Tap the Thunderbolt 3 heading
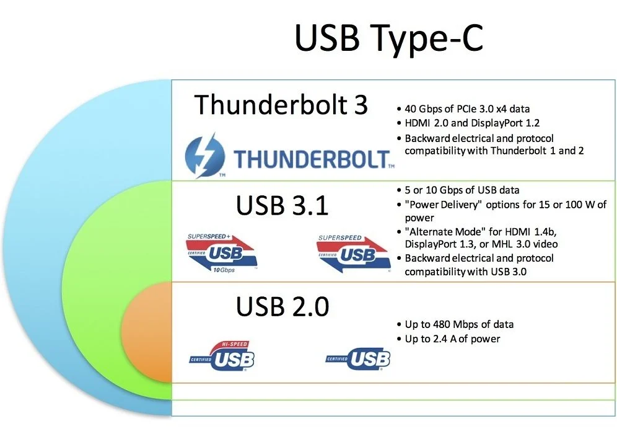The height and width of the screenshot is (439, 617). click(281, 105)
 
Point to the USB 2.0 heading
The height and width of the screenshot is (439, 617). click(282, 306)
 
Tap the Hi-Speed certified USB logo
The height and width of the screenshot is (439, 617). click(223, 356)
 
